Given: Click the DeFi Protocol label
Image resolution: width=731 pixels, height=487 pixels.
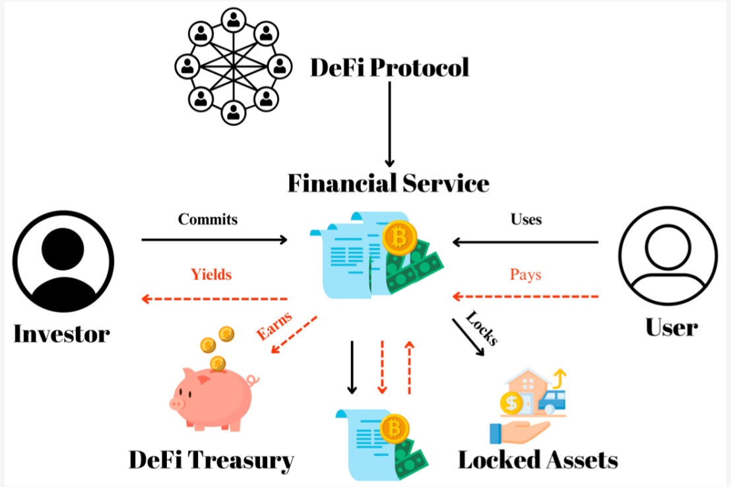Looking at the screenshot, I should pos(389,67).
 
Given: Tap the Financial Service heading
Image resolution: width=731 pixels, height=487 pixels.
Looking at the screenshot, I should pos(388,183).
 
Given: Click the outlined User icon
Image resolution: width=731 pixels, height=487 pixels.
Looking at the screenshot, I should pos(667,257).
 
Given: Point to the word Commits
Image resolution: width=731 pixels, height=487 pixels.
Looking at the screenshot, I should pos(207,219).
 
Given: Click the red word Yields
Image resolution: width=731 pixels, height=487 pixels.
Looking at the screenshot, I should pos(211,274).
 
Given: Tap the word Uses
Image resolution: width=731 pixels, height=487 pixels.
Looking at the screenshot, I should pos(526,219).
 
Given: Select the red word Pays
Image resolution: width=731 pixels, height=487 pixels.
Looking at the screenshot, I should pos(526,274).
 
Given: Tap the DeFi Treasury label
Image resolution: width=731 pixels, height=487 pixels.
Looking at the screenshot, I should pos(211,460).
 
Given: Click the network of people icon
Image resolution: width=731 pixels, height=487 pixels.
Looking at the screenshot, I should pos(232,66).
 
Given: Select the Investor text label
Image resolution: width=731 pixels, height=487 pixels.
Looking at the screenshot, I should pos(61,333).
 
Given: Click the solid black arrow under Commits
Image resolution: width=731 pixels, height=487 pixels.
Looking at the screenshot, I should pos(215,240).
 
